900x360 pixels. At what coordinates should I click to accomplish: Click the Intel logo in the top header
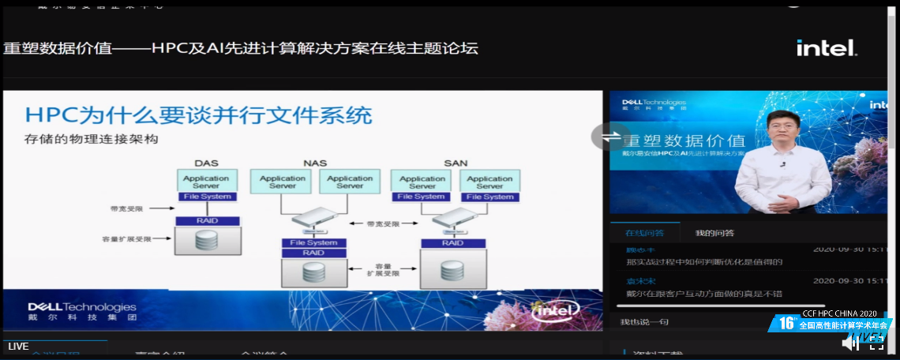click(826, 48)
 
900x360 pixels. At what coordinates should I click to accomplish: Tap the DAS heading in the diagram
click(206, 163)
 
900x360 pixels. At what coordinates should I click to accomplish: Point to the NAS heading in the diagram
click(315, 163)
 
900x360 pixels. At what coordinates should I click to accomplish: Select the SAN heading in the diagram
click(456, 163)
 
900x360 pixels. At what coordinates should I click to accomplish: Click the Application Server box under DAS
click(207, 181)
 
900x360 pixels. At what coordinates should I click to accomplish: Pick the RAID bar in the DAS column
click(207, 221)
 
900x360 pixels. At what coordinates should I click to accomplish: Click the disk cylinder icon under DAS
click(207, 241)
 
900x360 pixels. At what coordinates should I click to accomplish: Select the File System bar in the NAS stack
click(313, 242)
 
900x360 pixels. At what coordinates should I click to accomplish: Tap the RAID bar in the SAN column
click(452, 242)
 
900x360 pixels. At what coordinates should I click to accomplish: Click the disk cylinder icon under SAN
click(452, 270)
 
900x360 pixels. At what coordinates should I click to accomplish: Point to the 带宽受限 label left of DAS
click(126, 209)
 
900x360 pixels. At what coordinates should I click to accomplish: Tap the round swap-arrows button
click(609, 137)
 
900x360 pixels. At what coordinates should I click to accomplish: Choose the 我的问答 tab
click(714, 233)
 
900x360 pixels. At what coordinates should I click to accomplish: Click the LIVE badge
click(18, 347)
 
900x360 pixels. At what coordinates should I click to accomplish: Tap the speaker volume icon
click(849, 343)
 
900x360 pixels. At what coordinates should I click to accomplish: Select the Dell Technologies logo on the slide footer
click(82, 310)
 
